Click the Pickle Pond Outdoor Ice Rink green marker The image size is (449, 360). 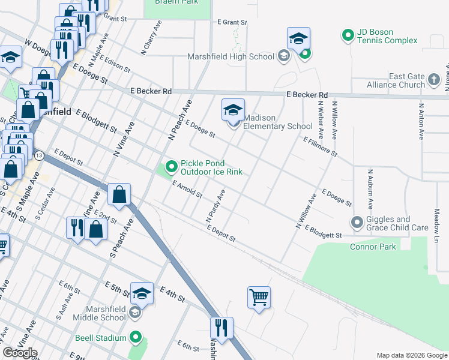tap(171, 167)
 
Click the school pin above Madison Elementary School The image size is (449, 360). tap(233, 111)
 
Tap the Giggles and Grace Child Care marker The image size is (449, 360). tap(358, 223)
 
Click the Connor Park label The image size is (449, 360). tap(373, 247)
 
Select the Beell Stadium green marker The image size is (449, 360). tap(136, 338)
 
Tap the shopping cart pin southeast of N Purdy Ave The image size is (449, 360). tap(259, 298)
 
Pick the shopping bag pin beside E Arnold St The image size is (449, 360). tap(119, 195)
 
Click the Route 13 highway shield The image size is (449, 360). tap(39, 156)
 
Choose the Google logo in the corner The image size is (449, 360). tap(20, 353)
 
